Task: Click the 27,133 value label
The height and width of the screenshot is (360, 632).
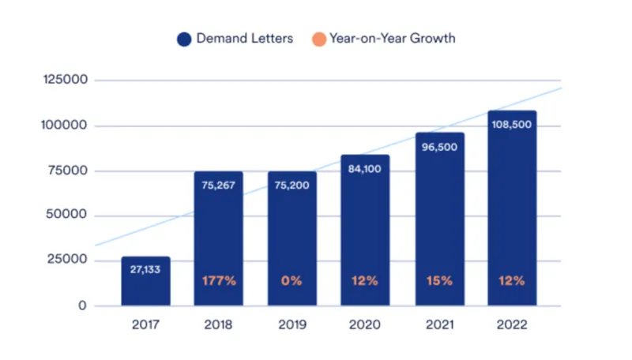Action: tap(145, 268)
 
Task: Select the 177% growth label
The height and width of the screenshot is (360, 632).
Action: tap(218, 281)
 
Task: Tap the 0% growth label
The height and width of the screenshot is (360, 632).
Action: tap(292, 281)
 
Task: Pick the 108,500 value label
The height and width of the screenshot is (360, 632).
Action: tap(512, 124)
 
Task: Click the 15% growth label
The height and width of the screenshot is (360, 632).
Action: tap(438, 281)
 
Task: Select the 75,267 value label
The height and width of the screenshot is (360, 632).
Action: tap(218, 188)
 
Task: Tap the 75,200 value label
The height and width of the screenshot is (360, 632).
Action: tap(292, 188)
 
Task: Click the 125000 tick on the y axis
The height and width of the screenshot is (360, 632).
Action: tap(67, 81)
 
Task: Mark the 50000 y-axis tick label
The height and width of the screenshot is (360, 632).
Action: tap(70, 216)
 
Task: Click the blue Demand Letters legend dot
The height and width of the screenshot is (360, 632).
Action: tap(183, 38)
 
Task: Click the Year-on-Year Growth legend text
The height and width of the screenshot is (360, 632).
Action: tap(392, 38)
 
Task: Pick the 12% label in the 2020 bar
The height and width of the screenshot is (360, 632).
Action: tap(365, 281)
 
